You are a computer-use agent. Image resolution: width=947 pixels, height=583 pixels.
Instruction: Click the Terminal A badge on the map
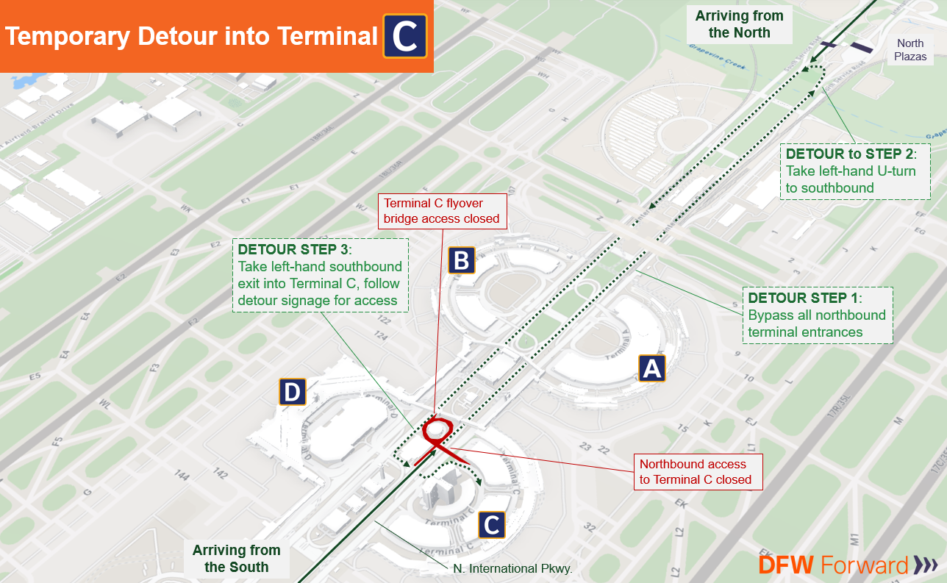[x=651, y=368]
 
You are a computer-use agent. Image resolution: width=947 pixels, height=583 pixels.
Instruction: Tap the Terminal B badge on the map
[x=462, y=260]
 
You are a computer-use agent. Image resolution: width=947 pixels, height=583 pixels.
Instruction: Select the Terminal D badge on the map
[x=292, y=392]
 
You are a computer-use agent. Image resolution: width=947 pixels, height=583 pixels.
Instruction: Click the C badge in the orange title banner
[x=404, y=36]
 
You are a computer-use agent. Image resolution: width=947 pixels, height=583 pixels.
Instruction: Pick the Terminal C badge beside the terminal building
[x=492, y=525]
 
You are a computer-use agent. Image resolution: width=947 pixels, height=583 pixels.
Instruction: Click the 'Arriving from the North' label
[x=739, y=24]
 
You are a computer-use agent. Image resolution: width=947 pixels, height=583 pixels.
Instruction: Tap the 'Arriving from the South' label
[x=236, y=558]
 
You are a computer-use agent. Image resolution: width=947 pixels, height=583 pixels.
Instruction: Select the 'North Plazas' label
[x=910, y=50]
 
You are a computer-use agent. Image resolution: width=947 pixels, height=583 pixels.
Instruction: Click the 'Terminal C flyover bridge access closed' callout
[x=441, y=211]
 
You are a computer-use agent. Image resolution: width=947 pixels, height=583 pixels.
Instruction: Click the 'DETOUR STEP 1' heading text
[x=803, y=298]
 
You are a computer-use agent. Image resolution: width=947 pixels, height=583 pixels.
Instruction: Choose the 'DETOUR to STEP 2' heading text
[x=847, y=154]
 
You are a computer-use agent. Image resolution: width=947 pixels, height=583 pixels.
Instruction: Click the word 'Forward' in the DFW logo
[x=865, y=565]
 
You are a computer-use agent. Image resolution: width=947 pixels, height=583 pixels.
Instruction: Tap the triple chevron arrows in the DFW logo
[x=925, y=565]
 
